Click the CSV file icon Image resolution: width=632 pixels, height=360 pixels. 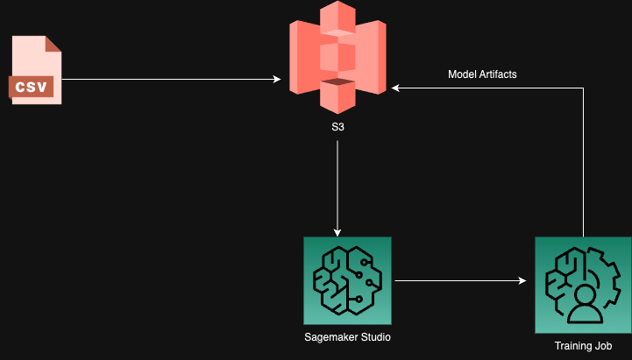(x=35, y=70)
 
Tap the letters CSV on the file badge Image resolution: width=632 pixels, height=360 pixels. (x=31, y=87)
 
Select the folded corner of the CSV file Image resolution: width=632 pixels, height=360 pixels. (x=53, y=44)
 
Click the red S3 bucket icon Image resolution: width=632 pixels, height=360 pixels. (x=337, y=57)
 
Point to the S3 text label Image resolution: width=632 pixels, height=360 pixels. (x=337, y=127)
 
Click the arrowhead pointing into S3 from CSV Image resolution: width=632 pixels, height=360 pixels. (x=277, y=80)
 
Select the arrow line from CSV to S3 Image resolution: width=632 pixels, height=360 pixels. (x=171, y=80)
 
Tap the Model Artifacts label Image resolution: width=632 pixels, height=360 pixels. (x=482, y=74)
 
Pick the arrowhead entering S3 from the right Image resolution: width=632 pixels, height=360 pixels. (x=395, y=88)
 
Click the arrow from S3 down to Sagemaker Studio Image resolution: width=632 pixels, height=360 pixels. (x=337, y=188)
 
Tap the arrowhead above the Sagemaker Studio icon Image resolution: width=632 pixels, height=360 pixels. (x=337, y=232)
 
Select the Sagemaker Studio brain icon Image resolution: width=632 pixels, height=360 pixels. (x=347, y=280)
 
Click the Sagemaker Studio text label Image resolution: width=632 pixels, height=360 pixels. (x=347, y=337)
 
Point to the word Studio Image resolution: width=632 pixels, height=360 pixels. (x=376, y=337)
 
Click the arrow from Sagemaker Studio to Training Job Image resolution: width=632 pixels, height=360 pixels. (x=461, y=280)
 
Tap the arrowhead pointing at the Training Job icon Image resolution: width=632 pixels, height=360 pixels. (x=522, y=280)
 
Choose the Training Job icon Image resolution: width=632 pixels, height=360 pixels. (x=583, y=285)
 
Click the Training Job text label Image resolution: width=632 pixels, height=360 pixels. (x=583, y=346)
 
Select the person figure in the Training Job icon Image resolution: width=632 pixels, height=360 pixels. (x=586, y=305)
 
